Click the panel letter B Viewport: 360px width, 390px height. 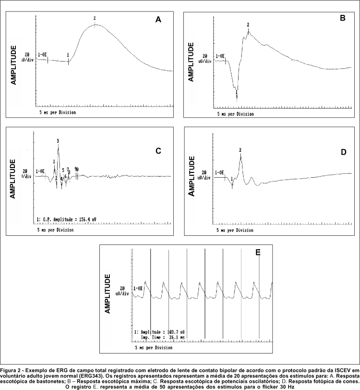342,18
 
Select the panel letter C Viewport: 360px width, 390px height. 158,151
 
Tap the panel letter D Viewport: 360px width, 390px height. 343,152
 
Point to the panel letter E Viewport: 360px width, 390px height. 258,252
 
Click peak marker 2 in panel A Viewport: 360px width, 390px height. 95,18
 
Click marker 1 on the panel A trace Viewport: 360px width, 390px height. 68,55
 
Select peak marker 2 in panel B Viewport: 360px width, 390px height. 248,24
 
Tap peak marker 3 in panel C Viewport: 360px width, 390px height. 58,141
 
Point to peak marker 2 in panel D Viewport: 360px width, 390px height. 240,150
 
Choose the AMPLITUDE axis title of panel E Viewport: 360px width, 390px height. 108,294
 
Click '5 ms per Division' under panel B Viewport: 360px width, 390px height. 235,114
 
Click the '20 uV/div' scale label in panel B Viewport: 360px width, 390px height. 205,59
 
